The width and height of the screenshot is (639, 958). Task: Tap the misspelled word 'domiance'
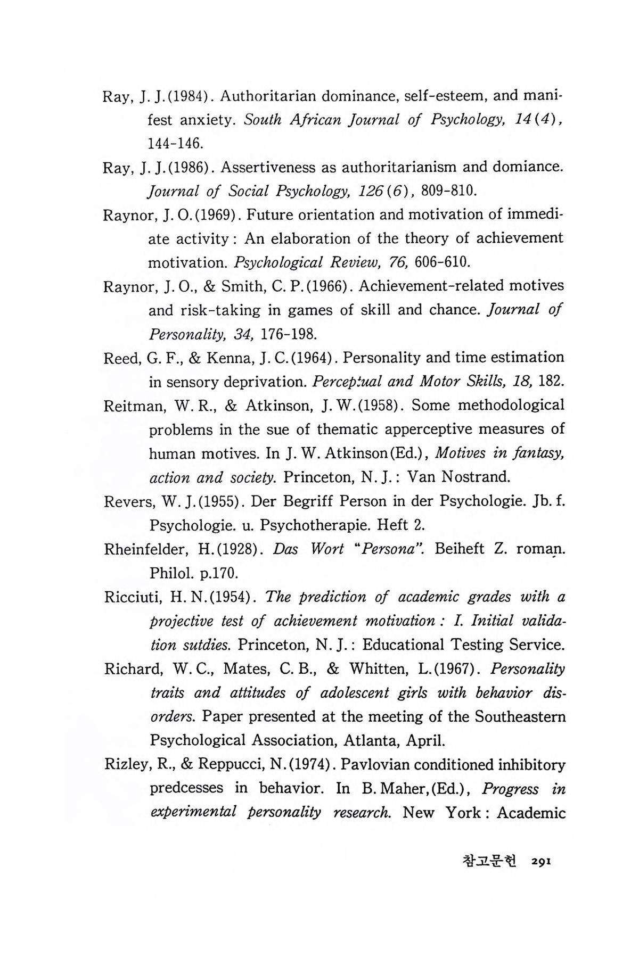click(528, 167)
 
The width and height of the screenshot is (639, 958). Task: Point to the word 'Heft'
click(394, 525)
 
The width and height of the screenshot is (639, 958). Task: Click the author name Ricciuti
click(131, 597)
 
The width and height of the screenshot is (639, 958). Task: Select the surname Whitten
click(381, 668)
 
